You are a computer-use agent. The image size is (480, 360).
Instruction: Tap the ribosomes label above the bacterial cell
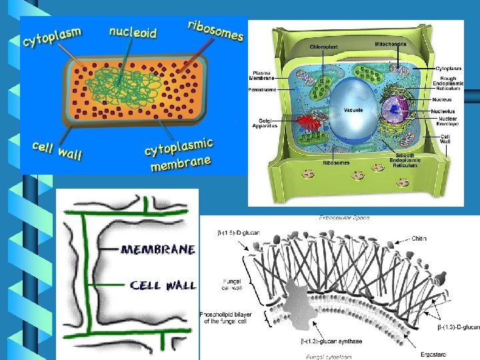(x=215, y=30)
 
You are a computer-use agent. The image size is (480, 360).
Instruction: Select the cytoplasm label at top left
(x=53, y=37)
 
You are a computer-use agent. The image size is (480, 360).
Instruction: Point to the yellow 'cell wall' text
(x=57, y=150)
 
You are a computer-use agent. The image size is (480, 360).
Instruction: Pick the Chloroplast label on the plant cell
(x=325, y=48)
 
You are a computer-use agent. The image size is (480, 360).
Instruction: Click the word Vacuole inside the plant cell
(x=353, y=110)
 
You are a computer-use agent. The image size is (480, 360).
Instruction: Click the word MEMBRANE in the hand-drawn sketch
(x=159, y=249)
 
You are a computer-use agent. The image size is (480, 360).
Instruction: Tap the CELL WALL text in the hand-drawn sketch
(x=163, y=285)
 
